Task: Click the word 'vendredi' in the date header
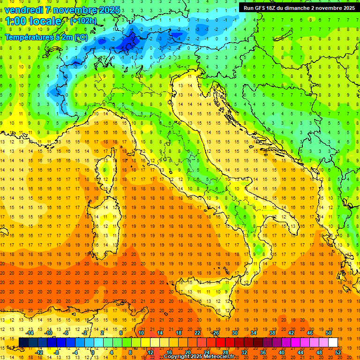(x=25, y=10)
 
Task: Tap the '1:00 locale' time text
(x=33, y=21)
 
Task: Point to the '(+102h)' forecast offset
(x=83, y=21)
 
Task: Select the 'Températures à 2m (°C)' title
(x=46, y=37)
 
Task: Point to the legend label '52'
(x=338, y=352)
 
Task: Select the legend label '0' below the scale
(x=93, y=352)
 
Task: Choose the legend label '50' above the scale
(x=329, y=333)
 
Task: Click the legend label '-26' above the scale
(x=215, y=333)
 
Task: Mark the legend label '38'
(x=272, y=333)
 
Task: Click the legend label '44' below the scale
(x=300, y=352)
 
